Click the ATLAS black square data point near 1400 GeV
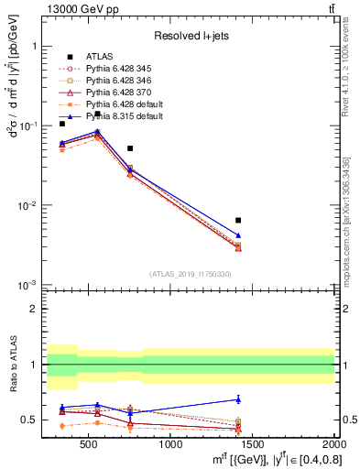coord(238,220)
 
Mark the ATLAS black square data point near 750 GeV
coord(130,147)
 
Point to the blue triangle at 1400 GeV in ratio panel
coord(238,398)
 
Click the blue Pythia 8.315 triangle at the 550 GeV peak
coord(97,131)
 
